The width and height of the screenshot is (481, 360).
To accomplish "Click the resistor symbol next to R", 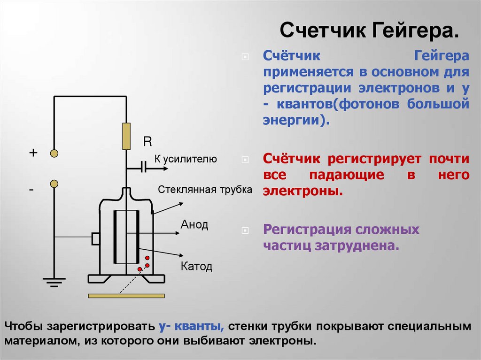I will coord(126,136).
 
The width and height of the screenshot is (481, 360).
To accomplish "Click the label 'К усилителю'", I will coord(186,160).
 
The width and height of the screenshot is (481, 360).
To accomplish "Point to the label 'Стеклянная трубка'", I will coord(205,190).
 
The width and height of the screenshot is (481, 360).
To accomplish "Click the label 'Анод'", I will coord(194,225).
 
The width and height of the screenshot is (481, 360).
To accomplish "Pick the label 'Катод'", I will coord(196,267).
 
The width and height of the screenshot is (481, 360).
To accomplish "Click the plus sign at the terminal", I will coord(33,153).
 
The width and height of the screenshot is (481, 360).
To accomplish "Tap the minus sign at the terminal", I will coord(31,190).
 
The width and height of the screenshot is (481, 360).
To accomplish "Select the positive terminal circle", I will coord(54,153).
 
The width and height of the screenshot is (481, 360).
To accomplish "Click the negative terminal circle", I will coord(54,183).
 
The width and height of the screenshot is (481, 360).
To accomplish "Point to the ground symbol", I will coord(54,282).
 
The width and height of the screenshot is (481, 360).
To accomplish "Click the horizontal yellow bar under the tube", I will coord(126,296).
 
